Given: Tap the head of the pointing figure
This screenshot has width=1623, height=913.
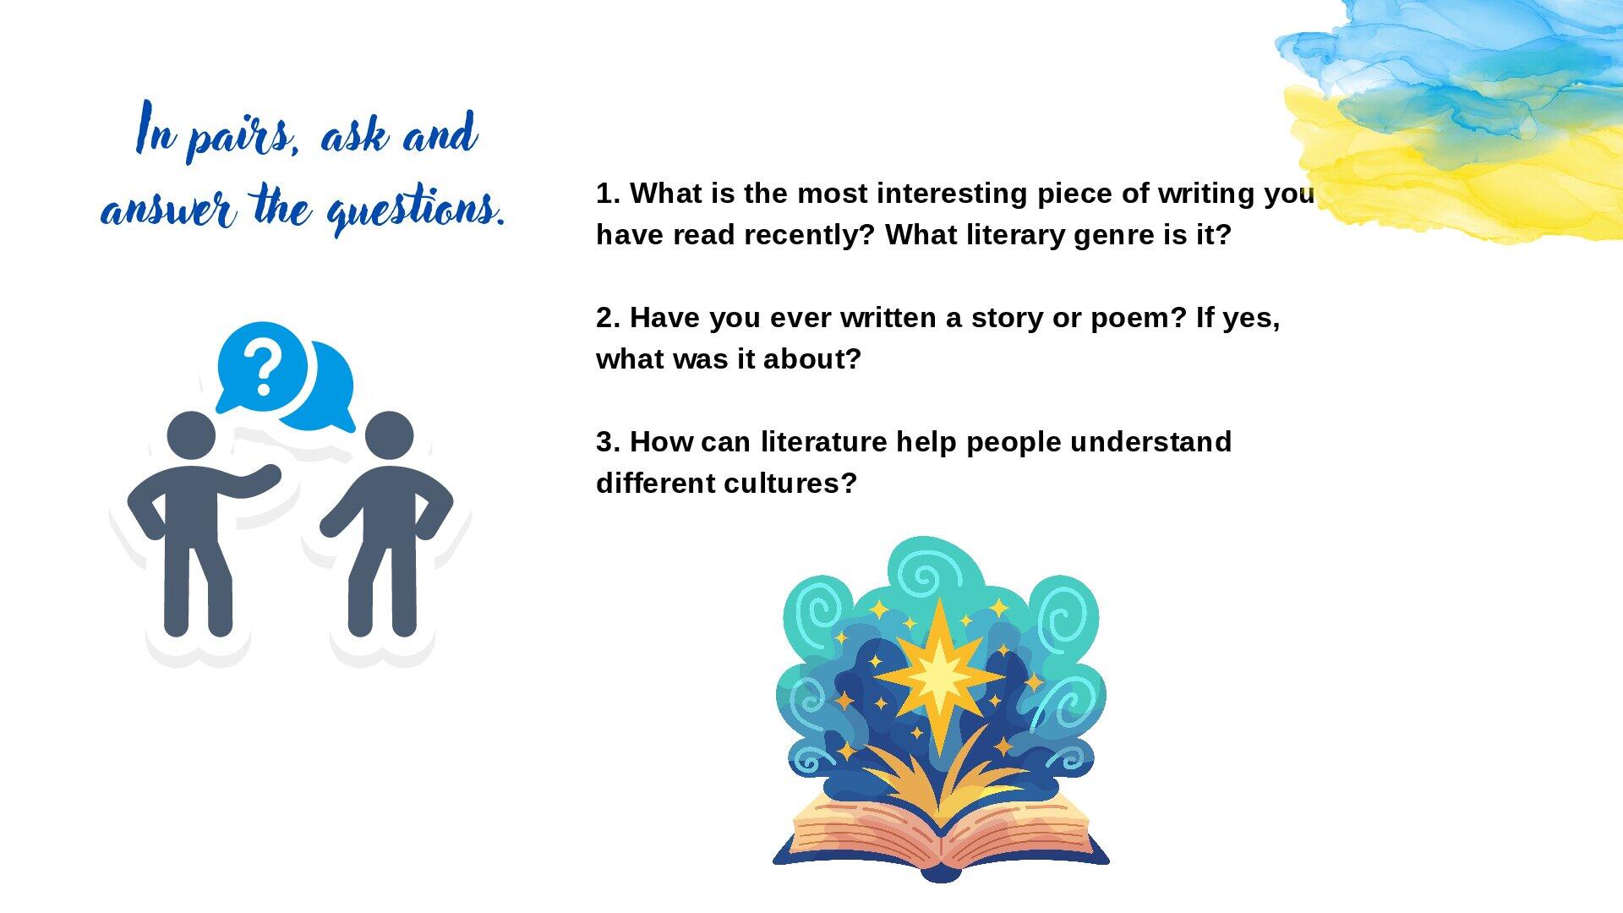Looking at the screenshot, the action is point(191,435).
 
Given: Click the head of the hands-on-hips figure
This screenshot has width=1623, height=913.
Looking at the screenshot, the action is point(389,435).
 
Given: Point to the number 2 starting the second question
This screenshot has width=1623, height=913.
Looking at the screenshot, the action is point(604,318).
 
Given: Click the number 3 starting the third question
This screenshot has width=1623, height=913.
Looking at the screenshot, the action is point(604,441).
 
